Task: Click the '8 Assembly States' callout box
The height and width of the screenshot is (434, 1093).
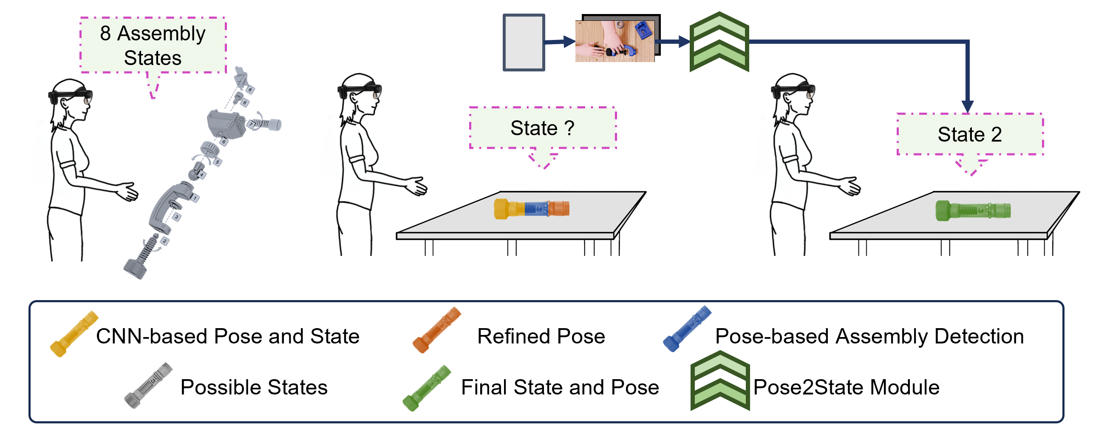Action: tap(153, 45)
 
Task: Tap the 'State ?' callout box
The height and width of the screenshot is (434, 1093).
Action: tap(543, 128)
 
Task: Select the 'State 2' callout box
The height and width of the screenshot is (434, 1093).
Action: tap(970, 134)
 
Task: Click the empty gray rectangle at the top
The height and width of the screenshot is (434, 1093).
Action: tap(524, 42)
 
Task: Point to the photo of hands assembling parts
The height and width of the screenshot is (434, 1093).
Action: tap(615, 41)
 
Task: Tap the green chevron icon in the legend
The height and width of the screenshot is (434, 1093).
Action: tap(720, 381)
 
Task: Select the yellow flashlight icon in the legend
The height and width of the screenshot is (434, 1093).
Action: tap(74, 334)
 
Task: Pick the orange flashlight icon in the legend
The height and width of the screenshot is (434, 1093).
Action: tap(437, 330)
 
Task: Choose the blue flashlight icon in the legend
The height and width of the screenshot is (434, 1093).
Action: tap(687, 329)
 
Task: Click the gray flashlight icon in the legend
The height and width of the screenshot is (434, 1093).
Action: tap(148, 385)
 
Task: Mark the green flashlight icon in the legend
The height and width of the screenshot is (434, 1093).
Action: tap(427, 388)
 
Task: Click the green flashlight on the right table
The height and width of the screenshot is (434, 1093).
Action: tap(973, 210)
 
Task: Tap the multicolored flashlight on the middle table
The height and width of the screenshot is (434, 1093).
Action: tap(531, 209)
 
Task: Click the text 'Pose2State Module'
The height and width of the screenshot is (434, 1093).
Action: tap(846, 387)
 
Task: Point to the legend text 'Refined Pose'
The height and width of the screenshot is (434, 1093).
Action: tap(541, 336)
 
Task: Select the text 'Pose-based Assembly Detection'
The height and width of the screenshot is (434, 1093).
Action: tap(869, 336)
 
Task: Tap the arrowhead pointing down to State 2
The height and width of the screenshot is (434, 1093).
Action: tap(968, 107)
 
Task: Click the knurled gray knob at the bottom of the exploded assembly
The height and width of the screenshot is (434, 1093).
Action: tap(135, 268)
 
